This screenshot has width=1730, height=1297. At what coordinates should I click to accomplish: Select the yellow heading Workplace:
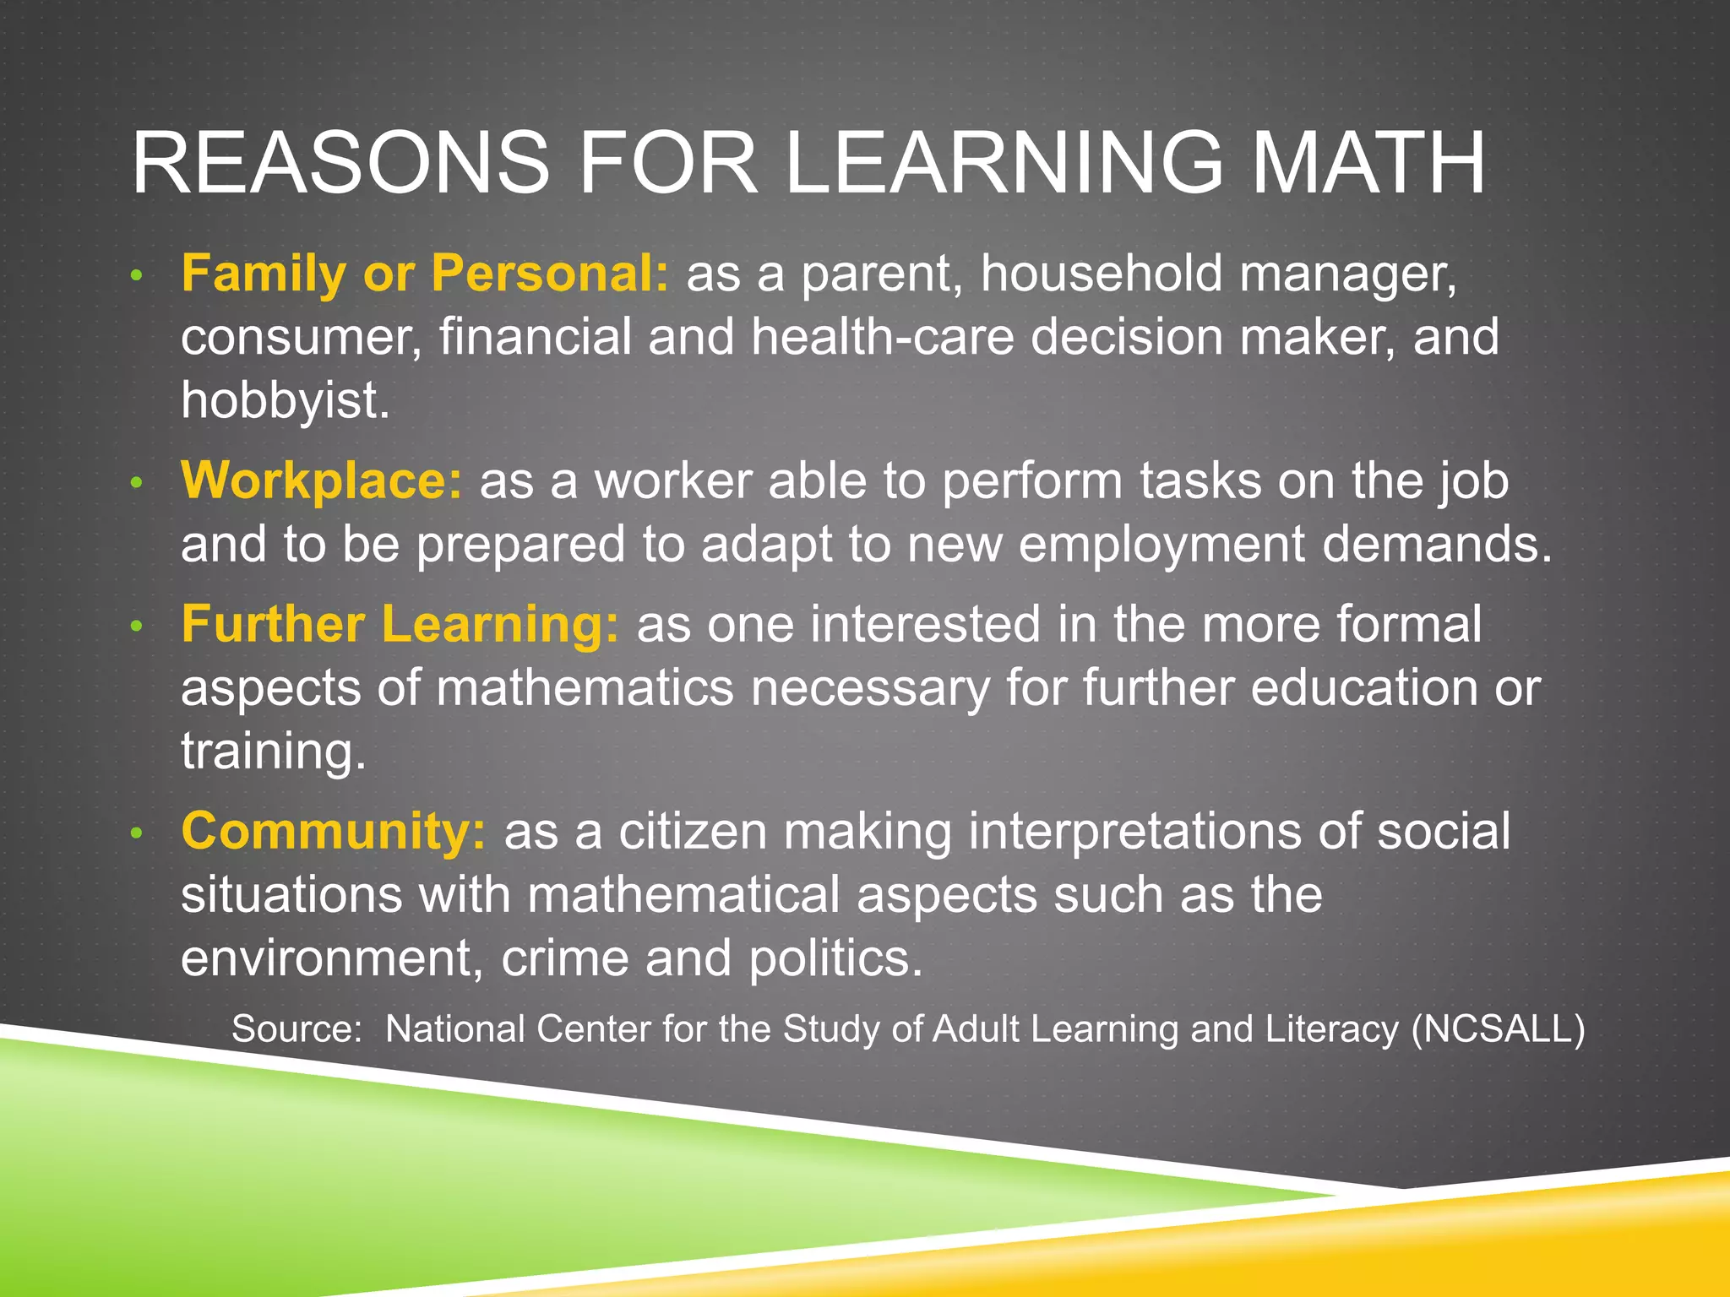point(322,481)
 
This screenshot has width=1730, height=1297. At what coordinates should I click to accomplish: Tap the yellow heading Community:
point(334,832)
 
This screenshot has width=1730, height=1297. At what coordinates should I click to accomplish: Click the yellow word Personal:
point(550,274)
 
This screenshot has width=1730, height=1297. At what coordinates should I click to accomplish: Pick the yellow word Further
point(273,625)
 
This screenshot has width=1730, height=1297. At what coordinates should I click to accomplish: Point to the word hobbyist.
point(285,400)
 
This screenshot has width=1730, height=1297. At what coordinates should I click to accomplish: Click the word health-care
point(882,337)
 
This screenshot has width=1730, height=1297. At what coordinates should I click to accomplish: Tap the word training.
point(274,752)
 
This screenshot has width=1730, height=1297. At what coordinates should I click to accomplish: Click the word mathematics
point(585,688)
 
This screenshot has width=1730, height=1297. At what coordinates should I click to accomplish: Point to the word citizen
point(692,832)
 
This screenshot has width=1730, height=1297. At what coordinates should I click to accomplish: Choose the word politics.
point(835,958)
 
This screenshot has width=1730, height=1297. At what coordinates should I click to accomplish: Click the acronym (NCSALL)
point(1498,1029)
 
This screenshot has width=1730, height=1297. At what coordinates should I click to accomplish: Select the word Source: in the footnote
point(296,1029)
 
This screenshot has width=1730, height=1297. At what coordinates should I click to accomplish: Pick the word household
point(1101,274)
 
